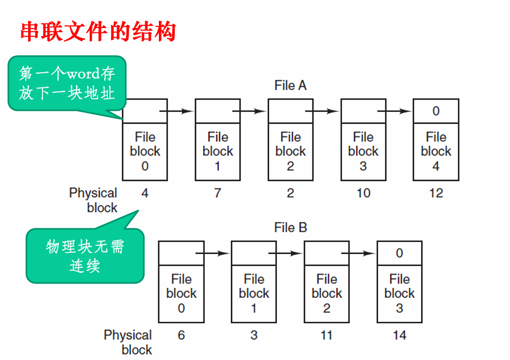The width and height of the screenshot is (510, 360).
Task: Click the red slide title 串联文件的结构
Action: (x=98, y=32)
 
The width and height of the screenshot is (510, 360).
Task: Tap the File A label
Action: (x=290, y=85)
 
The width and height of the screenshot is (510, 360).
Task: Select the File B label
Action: (x=290, y=228)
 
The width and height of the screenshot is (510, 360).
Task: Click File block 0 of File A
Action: (x=145, y=151)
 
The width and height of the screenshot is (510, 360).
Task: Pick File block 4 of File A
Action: (x=436, y=151)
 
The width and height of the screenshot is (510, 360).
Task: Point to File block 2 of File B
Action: (x=327, y=294)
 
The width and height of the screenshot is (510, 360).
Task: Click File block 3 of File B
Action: (x=399, y=294)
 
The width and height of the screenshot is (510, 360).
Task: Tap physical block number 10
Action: (x=363, y=193)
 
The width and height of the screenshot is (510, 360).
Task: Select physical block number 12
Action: (x=436, y=193)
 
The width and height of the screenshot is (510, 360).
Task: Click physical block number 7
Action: (x=217, y=193)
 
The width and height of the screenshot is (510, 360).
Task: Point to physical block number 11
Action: (x=327, y=336)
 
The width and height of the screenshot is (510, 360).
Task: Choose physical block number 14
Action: (x=399, y=336)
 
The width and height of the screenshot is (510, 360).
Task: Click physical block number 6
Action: (x=181, y=336)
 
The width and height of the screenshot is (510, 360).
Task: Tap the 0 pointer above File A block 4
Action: (x=436, y=111)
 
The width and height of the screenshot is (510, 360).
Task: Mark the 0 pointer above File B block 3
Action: (x=399, y=253)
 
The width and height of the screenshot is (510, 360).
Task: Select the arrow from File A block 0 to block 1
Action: (x=176, y=111)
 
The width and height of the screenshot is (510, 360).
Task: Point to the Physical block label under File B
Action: (x=127, y=342)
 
